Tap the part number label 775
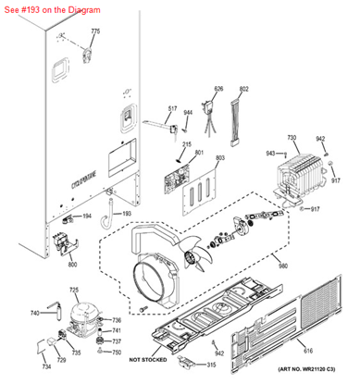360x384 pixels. click(x=93, y=31)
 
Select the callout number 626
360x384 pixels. click(x=218, y=89)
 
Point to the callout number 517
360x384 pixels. click(x=172, y=108)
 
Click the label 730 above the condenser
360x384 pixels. click(x=292, y=138)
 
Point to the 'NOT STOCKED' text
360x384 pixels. click(x=148, y=358)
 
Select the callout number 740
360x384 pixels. click(x=35, y=313)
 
